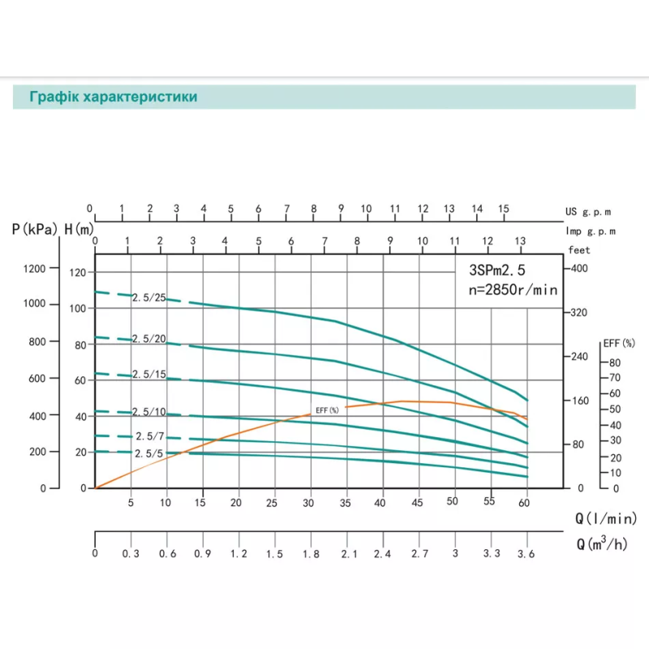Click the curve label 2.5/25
pyautogui.click(x=148, y=298)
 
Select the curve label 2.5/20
pyautogui.click(x=148, y=339)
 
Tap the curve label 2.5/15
pyautogui.click(x=148, y=374)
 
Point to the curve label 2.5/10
pyautogui.click(x=148, y=412)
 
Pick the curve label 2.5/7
pyautogui.click(x=150, y=436)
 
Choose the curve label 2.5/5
pyautogui.click(x=150, y=453)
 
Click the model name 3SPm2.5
pyautogui.click(x=503, y=272)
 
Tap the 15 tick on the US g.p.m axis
pyautogui.click(x=504, y=208)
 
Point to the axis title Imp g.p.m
pyautogui.click(x=591, y=231)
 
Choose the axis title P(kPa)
pyautogui.click(x=35, y=230)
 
